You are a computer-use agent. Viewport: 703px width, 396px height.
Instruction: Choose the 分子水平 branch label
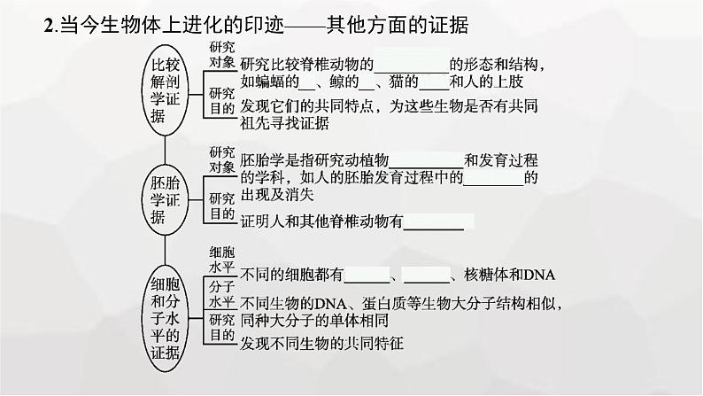click(221, 293)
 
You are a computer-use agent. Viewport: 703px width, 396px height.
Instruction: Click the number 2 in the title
click(48, 27)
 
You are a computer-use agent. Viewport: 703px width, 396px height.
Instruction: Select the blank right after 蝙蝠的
click(308, 87)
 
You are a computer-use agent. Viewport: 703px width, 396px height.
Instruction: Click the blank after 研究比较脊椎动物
click(413, 66)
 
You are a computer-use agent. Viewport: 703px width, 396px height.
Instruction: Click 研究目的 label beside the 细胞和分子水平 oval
click(221, 327)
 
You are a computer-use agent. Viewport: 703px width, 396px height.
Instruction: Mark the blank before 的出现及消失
click(494, 177)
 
